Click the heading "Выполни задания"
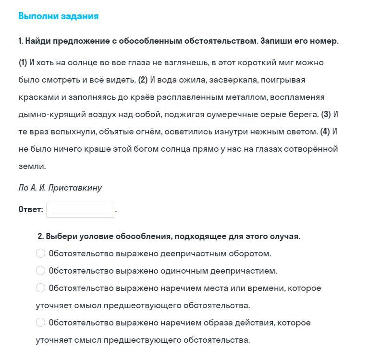tap(58, 16)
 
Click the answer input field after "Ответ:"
tap(80, 210)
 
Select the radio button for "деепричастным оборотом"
tap(41, 253)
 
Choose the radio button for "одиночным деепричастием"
tap(41, 271)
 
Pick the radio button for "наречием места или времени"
tap(41, 288)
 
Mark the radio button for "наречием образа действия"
tap(41, 323)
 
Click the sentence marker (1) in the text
tap(23, 63)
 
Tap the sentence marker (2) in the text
tap(143, 80)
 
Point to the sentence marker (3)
tap(326, 115)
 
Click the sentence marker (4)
tap(325, 132)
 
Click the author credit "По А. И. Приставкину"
tap(60, 188)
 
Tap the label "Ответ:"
tap(31, 210)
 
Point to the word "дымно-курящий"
tap(45, 115)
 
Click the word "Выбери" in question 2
tap(60, 236)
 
